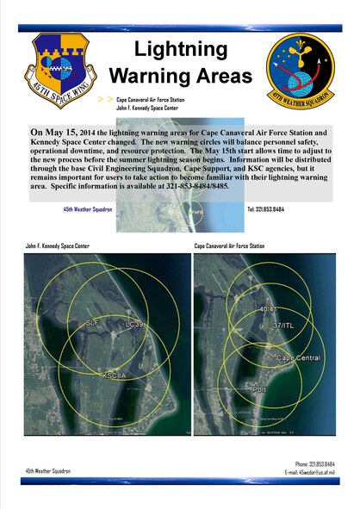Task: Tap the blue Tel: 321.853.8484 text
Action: [x=266, y=208]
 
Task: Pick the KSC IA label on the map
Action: [x=115, y=376]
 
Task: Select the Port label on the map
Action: [x=259, y=388]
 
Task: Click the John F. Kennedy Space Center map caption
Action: [x=58, y=246]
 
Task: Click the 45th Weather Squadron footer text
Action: [x=48, y=471]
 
